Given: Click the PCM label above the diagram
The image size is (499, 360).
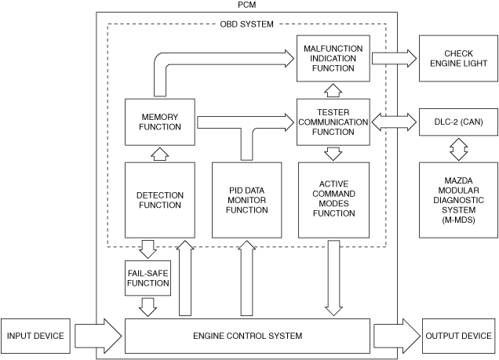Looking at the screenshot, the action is (x=246, y=5).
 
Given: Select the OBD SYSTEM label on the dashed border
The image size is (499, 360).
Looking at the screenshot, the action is (x=246, y=24).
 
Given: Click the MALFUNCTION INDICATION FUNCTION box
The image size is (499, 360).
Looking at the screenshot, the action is (x=333, y=58).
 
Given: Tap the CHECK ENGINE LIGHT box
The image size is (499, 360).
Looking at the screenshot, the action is (x=458, y=58).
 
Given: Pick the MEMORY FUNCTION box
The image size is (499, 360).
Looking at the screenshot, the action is (x=160, y=122).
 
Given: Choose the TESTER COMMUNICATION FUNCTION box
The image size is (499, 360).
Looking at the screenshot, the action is (x=333, y=122).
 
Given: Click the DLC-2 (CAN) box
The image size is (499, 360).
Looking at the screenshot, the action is (x=458, y=122).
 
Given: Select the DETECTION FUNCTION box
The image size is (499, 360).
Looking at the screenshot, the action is (x=160, y=200).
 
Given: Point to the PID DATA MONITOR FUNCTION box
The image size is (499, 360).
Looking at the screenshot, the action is (x=247, y=200).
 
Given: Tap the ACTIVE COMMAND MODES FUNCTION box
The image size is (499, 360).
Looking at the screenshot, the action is (x=333, y=200).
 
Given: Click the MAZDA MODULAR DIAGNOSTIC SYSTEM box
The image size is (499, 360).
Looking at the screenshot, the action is (x=458, y=200).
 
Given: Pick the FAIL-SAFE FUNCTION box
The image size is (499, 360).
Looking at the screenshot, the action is (x=148, y=278).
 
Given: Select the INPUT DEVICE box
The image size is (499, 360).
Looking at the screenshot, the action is (x=35, y=336).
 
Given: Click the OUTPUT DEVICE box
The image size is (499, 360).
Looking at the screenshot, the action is (x=458, y=336).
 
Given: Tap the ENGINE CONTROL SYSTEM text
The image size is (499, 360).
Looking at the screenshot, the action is (x=248, y=336).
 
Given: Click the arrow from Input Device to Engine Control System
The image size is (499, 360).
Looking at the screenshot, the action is (x=98, y=336).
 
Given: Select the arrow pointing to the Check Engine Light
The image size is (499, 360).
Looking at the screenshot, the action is (x=395, y=59).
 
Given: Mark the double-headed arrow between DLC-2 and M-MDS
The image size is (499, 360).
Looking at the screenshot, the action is (x=458, y=149).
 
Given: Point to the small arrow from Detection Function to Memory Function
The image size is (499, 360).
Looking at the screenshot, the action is (x=160, y=154).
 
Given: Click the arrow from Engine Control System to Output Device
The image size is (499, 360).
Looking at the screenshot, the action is (x=397, y=336).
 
